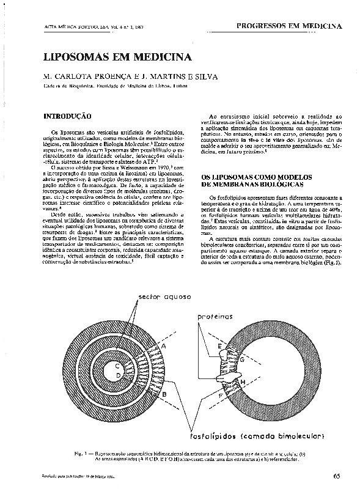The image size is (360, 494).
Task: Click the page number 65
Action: pos(337,476)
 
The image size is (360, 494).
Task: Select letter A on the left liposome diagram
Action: pos(163,345)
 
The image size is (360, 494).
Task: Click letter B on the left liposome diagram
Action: pos(164,395)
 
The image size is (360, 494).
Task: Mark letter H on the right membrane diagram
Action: pos(243,383)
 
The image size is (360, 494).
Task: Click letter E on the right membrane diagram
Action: pos(219,346)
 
